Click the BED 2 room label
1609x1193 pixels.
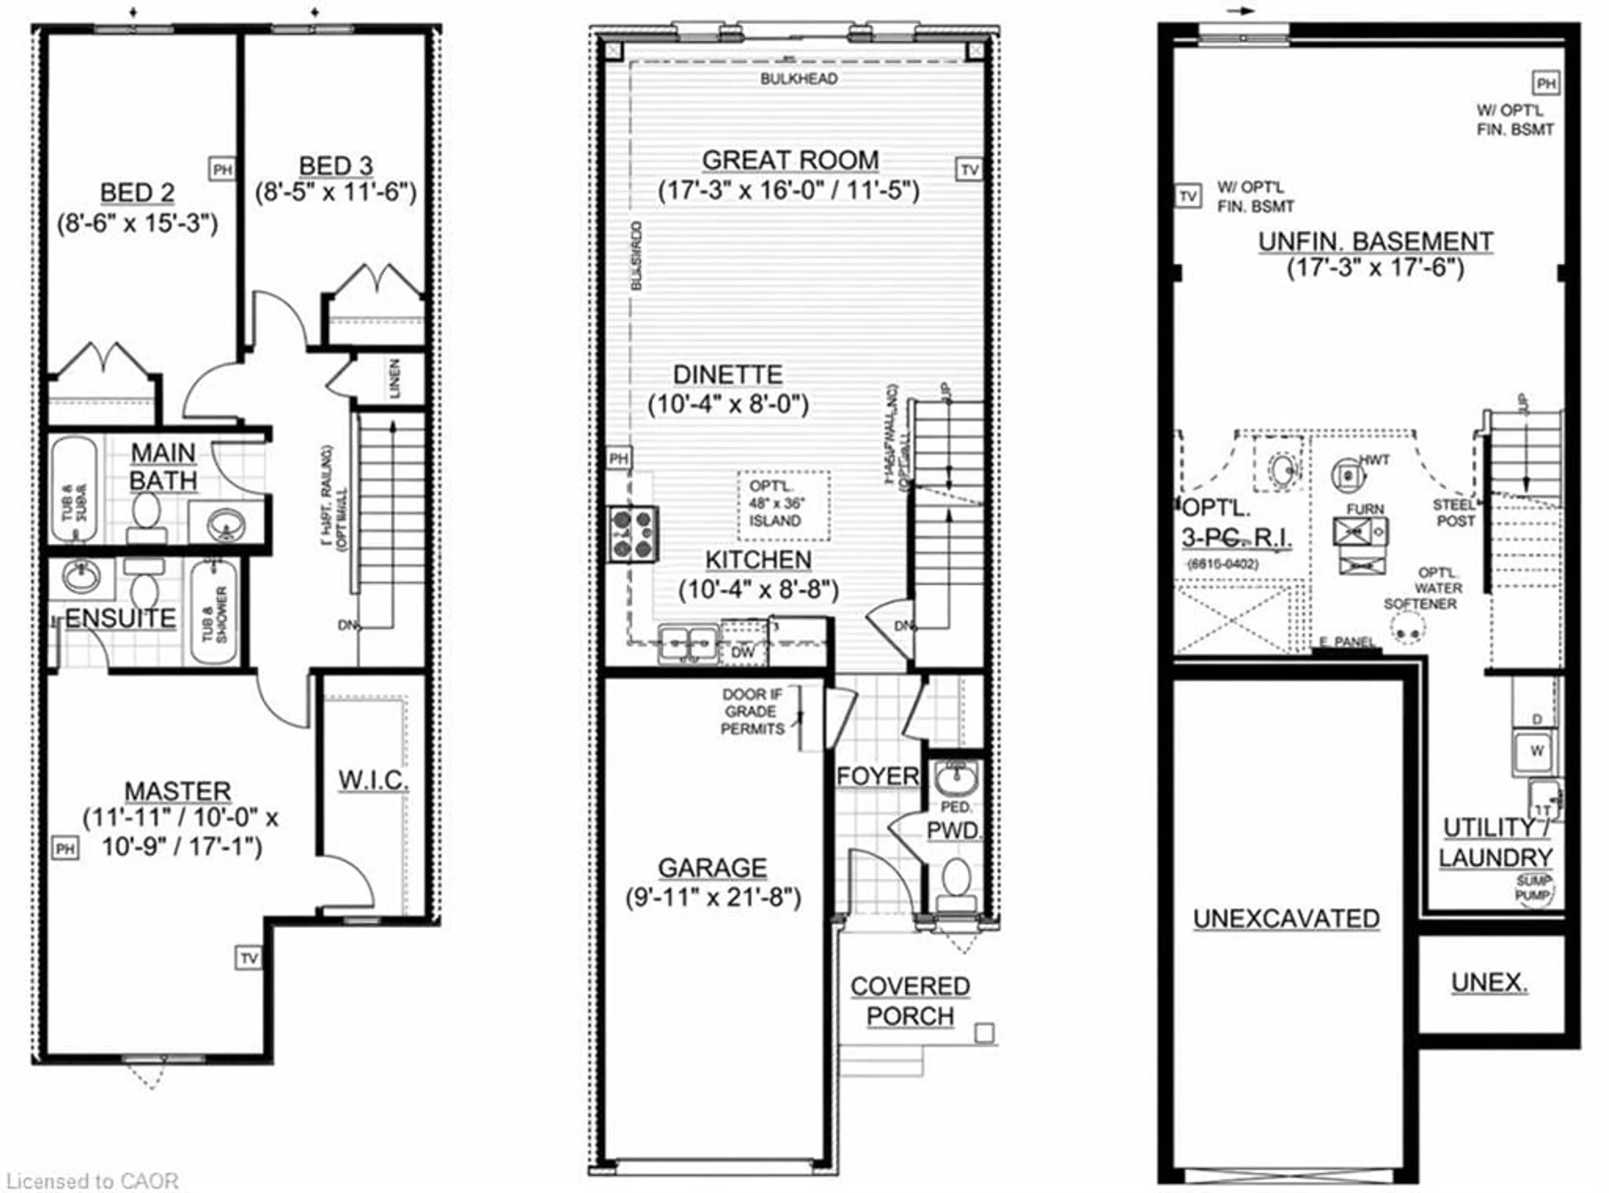tap(137, 193)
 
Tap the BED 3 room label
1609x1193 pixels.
tap(336, 166)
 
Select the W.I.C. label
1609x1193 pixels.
tap(373, 780)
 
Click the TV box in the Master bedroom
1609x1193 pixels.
tap(248, 958)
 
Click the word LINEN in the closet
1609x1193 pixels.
tap(395, 379)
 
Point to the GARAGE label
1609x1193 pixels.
tap(712, 867)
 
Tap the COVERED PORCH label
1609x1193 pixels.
tap(910, 1001)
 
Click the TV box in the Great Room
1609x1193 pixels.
tap(970, 170)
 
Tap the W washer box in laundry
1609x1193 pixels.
tap(1537, 751)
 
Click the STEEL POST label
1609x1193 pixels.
tap(1454, 513)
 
